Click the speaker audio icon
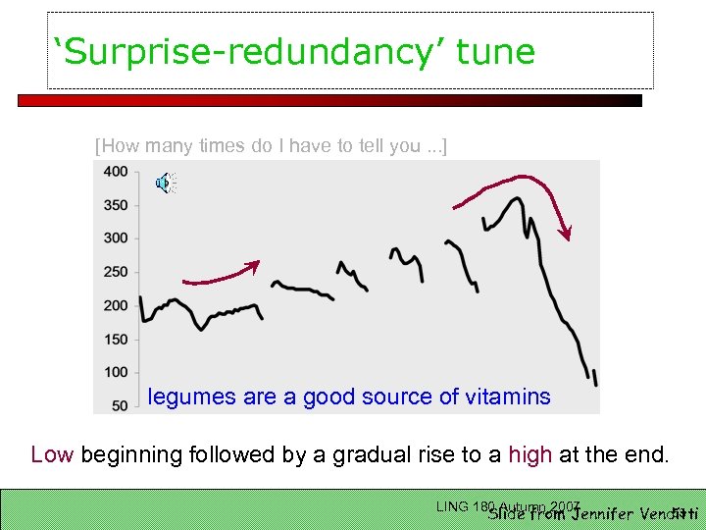pos(164,184)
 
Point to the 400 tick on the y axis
pos(116,172)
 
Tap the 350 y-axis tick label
pos(116,205)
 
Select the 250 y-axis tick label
pos(116,272)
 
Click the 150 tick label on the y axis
pos(116,340)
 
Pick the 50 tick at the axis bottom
pos(120,404)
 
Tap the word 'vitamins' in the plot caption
pos(509,397)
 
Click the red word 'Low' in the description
pos(52,455)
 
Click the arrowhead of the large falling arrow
pos(565,233)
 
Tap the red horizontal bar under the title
pos(329,100)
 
